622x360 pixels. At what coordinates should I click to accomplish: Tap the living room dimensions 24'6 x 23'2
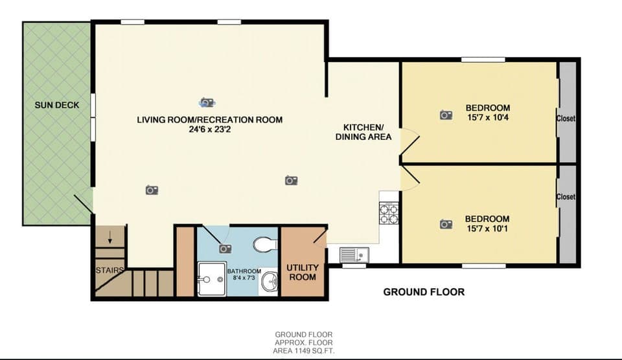click(209, 129)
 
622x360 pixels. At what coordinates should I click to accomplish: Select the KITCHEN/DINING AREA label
click(363, 131)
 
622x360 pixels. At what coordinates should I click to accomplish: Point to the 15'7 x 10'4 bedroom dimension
click(487, 118)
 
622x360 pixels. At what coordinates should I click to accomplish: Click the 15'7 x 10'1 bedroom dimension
click(487, 229)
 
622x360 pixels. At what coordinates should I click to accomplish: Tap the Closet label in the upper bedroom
click(566, 118)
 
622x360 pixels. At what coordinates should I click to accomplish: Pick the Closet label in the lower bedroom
click(566, 197)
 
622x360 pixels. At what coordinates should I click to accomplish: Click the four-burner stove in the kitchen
click(388, 213)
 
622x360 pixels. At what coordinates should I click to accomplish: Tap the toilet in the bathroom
click(264, 245)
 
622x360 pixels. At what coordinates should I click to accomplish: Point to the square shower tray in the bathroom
click(211, 278)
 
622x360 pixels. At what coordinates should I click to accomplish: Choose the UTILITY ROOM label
click(302, 272)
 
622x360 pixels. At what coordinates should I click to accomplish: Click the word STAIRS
click(109, 270)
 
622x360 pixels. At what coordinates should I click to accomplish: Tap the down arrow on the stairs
click(109, 238)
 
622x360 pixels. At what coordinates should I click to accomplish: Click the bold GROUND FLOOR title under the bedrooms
click(424, 292)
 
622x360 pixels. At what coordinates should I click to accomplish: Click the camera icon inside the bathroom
click(225, 248)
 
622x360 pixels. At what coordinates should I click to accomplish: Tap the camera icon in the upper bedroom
click(446, 115)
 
